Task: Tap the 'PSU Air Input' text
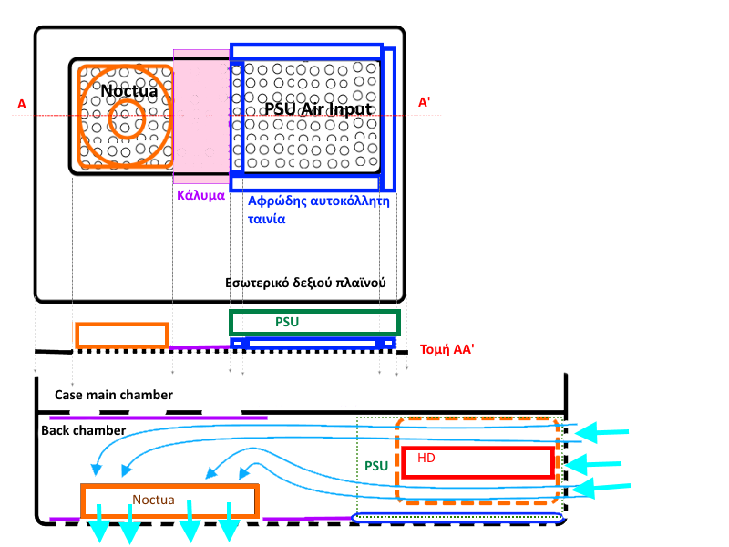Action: pyautogui.click(x=318, y=108)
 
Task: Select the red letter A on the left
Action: pyautogui.click(x=21, y=105)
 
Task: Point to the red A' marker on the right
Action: pyautogui.click(x=425, y=103)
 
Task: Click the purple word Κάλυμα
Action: pyautogui.click(x=200, y=194)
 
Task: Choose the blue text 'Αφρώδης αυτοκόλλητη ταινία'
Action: pyautogui.click(x=318, y=210)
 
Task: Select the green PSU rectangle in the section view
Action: pyautogui.click(x=314, y=323)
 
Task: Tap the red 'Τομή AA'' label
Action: pyautogui.click(x=447, y=349)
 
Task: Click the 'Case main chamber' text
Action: pyautogui.click(x=113, y=395)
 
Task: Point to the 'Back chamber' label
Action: pyautogui.click(x=82, y=428)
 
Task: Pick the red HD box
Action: pyautogui.click(x=477, y=462)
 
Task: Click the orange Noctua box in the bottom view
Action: pyautogui.click(x=170, y=501)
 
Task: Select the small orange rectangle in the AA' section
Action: pyautogui.click(x=122, y=335)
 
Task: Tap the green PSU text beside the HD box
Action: pyautogui.click(x=377, y=465)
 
